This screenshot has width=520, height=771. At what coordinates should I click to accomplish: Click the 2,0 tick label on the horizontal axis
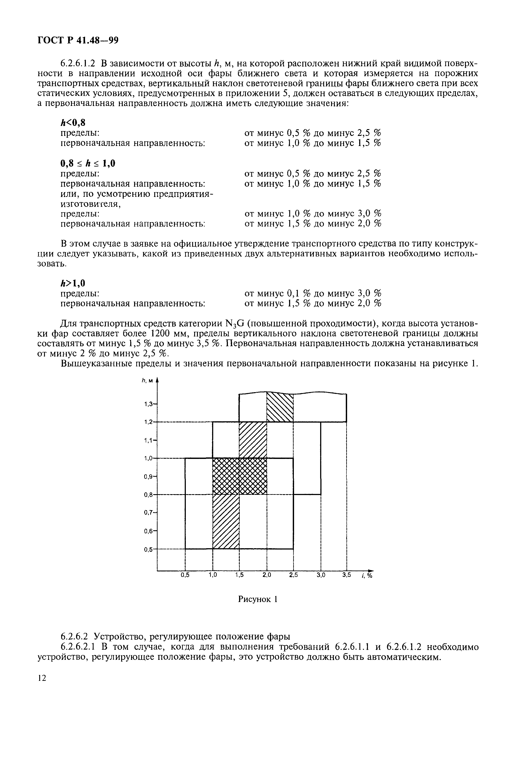[267, 575]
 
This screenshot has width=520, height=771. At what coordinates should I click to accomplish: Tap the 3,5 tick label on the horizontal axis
[346, 575]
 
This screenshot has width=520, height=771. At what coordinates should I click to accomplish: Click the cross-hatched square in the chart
[240, 476]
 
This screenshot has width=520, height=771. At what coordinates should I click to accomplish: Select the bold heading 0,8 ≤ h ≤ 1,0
[88, 163]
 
